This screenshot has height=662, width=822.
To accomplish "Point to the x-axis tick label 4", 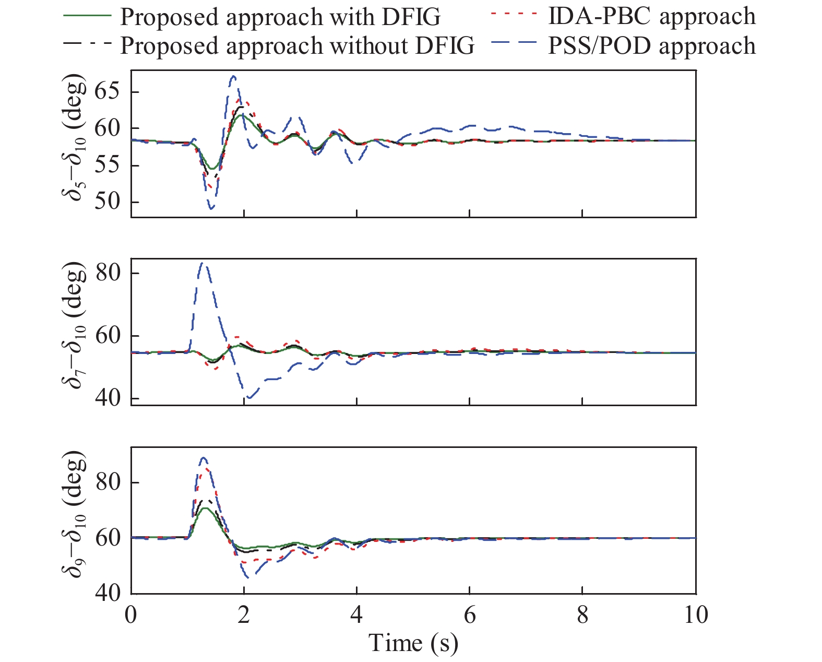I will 356,614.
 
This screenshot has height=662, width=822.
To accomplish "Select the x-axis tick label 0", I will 131,614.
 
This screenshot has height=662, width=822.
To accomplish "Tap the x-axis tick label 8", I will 582,614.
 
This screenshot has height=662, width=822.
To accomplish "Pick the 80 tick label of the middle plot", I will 108,273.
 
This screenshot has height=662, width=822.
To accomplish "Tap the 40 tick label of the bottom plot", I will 108,593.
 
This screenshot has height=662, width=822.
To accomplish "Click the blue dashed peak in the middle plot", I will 202,263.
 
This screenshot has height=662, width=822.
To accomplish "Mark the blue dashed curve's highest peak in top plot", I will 234,76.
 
